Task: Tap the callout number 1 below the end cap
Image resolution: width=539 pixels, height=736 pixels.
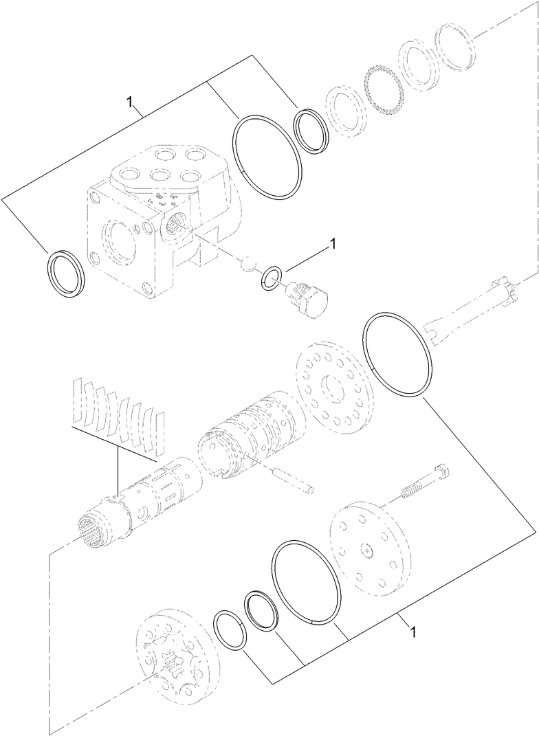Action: (x=412, y=629)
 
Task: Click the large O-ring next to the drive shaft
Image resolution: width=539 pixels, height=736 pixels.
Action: (x=397, y=354)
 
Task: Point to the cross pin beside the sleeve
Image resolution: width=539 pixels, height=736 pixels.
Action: (x=294, y=478)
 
